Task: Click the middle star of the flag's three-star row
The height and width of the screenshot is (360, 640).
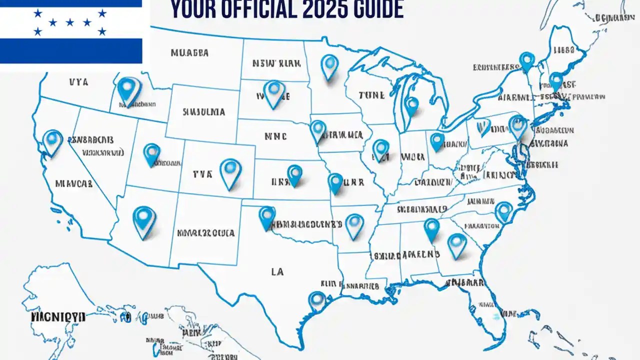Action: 70,22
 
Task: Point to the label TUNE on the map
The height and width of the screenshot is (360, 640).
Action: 371,94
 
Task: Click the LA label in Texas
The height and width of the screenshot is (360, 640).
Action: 277,271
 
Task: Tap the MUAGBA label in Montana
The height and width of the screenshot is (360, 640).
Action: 189,52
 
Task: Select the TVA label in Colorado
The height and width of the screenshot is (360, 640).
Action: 202,174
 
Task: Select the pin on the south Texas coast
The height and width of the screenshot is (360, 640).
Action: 317,300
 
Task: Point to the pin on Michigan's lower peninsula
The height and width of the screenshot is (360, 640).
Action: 411,105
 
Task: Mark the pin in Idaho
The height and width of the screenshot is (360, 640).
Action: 129,90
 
